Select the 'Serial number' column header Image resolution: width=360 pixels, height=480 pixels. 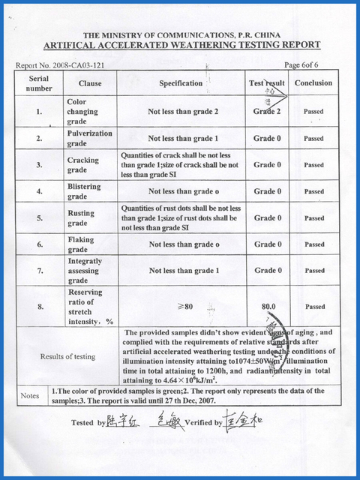click(x=40, y=83)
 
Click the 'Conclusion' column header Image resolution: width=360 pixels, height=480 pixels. click(x=313, y=83)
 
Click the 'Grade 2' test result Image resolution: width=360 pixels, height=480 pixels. click(x=267, y=112)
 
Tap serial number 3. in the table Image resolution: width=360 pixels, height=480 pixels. click(x=39, y=165)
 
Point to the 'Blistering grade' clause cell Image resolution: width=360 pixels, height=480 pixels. click(x=84, y=191)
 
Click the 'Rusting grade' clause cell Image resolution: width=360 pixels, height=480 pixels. click(x=82, y=217)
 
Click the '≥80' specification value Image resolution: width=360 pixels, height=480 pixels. click(x=184, y=306)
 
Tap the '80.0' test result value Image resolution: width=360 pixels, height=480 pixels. click(x=268, y=306)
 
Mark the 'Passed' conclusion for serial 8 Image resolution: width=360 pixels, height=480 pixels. click(x=314, y=306)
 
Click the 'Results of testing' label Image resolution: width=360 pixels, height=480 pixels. click(x=67, y=357)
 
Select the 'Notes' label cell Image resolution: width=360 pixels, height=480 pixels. click(x=30, y=395)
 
